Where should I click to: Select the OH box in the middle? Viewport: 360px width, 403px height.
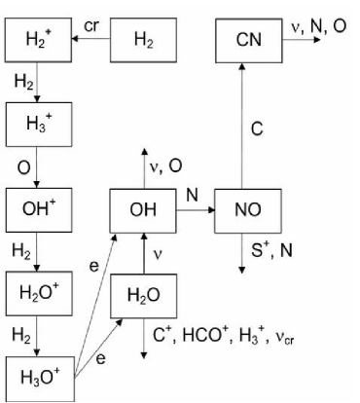pyautogui.click(x=144, y=209)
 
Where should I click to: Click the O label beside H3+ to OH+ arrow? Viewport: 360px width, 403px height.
pyautogui.click(x=22, y=168)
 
